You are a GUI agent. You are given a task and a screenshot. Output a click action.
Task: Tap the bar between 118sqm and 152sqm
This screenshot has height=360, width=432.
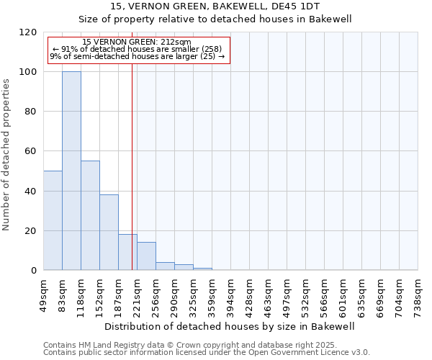pos(90,215)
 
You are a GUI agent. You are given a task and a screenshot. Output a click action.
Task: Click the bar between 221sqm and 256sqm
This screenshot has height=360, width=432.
pos(146,256)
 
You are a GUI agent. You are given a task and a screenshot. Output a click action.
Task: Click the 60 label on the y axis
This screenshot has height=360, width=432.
pos(31,151)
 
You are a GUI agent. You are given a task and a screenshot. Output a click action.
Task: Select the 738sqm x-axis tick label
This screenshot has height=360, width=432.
pos(418,294)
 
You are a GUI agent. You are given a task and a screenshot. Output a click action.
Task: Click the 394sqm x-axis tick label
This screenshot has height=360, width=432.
pos(231,294)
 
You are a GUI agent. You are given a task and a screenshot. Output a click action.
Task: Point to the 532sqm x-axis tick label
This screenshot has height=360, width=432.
pos(306,294)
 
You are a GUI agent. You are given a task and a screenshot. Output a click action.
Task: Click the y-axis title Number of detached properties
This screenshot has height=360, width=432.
pos(6,155)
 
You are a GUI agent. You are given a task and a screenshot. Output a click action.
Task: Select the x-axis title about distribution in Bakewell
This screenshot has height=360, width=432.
pos(230,326)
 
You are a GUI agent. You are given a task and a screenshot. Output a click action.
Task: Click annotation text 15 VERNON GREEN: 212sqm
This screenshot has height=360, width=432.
pos(137,42)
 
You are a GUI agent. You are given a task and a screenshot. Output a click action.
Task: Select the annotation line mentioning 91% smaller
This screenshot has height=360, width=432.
pos(137,49)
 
